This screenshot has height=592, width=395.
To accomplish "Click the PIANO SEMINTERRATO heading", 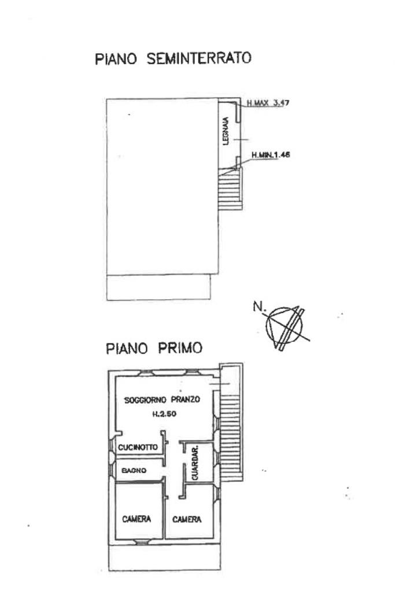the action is tap(173, 58).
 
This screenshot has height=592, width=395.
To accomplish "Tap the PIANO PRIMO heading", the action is tap(154, 347).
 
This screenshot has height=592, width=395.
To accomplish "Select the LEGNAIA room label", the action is tap(226, 131).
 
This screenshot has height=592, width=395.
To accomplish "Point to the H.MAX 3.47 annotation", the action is tap(268, 103).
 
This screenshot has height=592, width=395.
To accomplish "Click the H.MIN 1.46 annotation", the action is tap(271, 154).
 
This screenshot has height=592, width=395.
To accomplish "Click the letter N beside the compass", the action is tap(257, 306).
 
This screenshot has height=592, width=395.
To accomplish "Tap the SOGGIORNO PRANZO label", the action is tap(162, 399).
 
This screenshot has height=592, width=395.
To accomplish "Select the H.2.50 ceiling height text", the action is tap(164, 414).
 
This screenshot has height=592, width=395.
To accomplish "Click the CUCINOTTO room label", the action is tap(138, 447).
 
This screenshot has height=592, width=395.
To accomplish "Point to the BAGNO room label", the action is tap(134, 471).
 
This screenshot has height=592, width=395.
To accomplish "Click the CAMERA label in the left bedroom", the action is tap(136, 519).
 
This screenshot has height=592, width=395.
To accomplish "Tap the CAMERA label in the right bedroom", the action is tap(187, 520).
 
